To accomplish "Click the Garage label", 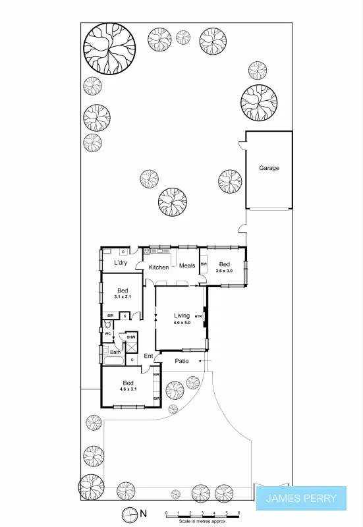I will (x=269, y=168).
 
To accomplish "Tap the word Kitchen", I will (x=158, y=267).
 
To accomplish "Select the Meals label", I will (x=187, y=266).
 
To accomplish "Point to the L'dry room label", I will (x=121, y=263).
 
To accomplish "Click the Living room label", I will (x=181, y=316).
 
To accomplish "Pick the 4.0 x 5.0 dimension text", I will (x=181, y=323).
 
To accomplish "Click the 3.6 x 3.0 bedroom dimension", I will (x=225, y=271).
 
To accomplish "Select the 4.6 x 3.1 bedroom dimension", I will (x=128, y=389).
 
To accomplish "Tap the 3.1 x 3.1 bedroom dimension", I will (x=123, y=297).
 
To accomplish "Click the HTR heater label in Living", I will (x=198, y=317).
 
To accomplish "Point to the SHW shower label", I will (x=131, y=337).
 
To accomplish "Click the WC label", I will (x=107, y=333).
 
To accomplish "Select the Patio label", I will (x=182, y=361).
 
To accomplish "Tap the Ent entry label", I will (x=148, y=356).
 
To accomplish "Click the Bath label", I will (x=115, y=352).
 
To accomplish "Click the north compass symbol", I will (x=128, y=514).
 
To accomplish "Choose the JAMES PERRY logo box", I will (x=300, y=499).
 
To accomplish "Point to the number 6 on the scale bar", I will (x=238, y=512).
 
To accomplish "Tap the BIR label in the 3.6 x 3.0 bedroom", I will (x=204, y=264).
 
